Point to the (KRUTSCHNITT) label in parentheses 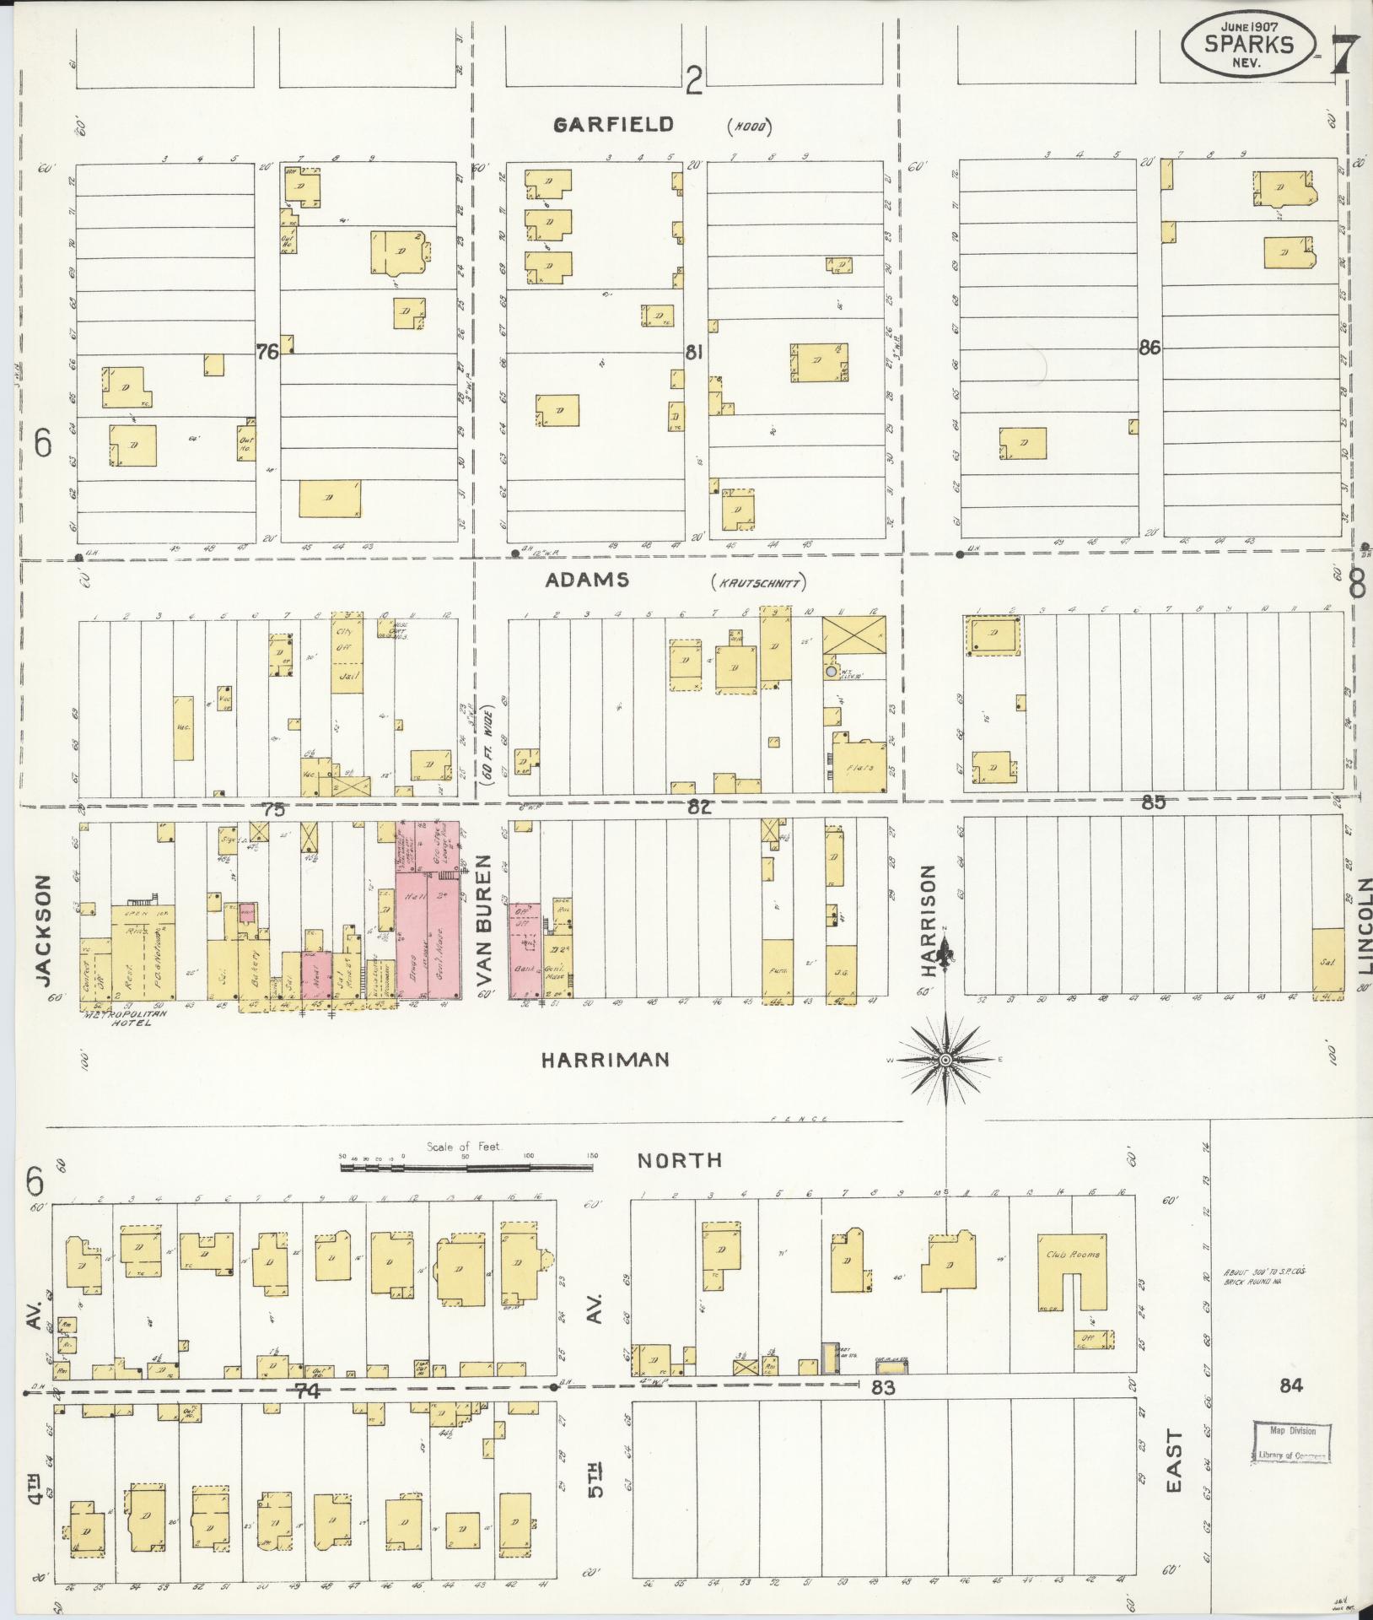click(759, 581)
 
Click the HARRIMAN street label click(605, 1060)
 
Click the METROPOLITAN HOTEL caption click(118, 1018)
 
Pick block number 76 click(267, 353)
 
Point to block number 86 click(1149, 348)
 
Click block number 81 click(693, 353)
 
